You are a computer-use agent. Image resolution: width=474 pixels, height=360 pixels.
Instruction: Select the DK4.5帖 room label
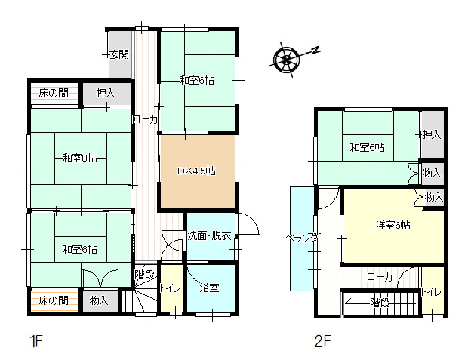click(x=196, y=171)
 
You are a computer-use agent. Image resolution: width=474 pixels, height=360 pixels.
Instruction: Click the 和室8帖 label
click(x=79, y=158)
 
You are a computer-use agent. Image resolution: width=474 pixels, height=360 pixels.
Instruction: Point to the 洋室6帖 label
click(x=393, y=225)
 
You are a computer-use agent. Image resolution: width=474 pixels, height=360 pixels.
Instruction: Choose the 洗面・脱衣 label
click(x=210, y=235)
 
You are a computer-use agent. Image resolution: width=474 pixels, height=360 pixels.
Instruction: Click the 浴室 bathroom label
click(x=209, y=288)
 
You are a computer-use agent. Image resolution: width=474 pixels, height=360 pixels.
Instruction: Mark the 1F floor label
click(x=35, y=341)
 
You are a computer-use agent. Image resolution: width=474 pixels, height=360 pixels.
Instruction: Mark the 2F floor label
click(x=323, y=341)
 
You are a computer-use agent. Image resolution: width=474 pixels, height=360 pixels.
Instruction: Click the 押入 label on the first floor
click(x=106, y=94)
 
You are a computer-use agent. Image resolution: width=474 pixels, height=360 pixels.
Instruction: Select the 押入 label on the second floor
click(x=432, y=135)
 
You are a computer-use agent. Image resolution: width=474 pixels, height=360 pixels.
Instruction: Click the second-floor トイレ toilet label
click(x=431, y=292)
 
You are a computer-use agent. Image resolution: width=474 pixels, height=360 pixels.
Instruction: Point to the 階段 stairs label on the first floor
click(x=144, y=274)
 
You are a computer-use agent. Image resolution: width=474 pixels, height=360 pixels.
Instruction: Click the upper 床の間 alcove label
click(x=54, y=94)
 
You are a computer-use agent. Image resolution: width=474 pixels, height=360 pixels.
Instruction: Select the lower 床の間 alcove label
click(x=54, y=300)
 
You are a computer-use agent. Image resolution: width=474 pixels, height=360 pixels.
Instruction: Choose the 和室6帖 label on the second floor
click(x=367, y=147)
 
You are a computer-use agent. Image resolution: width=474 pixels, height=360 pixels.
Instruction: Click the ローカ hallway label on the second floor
click(x=380, y=277)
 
